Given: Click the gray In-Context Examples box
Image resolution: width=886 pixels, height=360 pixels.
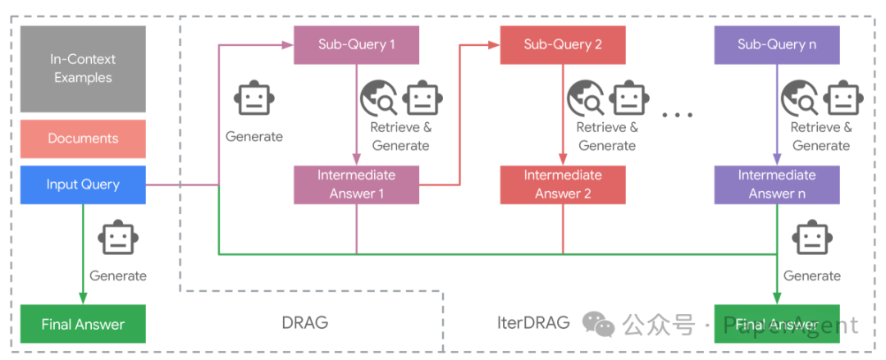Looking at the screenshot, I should click(x=83, y=69).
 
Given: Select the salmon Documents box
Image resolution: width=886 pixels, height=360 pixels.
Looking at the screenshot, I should click(x=83, y=139).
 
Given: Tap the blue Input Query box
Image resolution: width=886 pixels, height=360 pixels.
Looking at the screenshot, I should click(x=83, y=185).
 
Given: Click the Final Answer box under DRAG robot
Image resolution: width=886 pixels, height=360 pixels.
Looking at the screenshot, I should click(x=83, y=324).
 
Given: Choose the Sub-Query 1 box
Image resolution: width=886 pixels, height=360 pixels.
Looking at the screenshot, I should click(x=357, y=44).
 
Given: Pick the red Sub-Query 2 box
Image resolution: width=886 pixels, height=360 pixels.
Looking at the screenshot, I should click(x=563, y=44).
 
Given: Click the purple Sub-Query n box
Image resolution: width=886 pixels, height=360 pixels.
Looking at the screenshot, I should click(x=776, y=44).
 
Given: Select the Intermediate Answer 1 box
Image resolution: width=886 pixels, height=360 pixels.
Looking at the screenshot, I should click(x=357, y=185).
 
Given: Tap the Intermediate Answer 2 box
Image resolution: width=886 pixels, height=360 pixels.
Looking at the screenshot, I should click(x=563, y=185).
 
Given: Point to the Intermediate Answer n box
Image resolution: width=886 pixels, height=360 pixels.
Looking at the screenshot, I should click(x=776, y=185).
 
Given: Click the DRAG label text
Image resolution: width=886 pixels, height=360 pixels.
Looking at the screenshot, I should click(x=304, y=322).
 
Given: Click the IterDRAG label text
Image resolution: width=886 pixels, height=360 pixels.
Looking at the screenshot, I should click(x=533, y=322).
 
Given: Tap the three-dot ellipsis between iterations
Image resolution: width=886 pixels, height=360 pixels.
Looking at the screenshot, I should click(x=677, y=115).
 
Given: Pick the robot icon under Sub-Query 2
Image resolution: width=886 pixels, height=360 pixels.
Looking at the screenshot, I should click(x=628, y=99).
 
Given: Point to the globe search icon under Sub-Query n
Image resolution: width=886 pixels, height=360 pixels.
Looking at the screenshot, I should click(x=799, y=99).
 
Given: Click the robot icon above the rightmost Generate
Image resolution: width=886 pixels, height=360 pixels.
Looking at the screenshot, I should click(x=811, y=239).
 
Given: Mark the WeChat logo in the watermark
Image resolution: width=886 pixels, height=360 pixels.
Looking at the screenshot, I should click(x=599, y=325).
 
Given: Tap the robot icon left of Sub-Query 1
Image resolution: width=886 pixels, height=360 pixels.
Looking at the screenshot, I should click(x=253, y=99).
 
